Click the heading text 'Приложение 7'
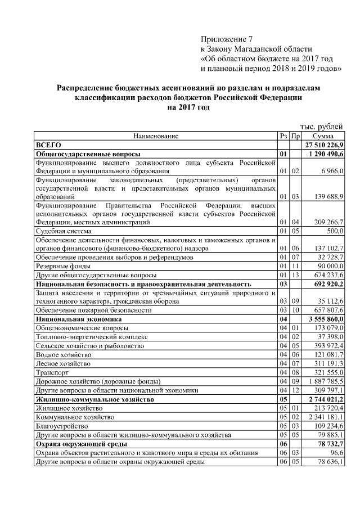(227, 39)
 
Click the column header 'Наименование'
(156, 136)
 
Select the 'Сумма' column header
(323, 136)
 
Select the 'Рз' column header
(283, 136)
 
